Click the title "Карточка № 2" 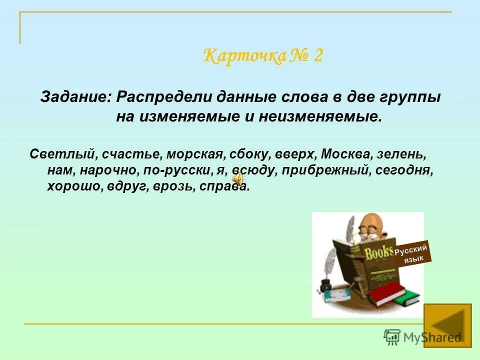point(263,55)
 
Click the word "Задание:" point(76,96)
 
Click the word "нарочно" point(110,170)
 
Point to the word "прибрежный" point(325,170)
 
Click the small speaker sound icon point(239,178)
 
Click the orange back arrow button point(447,325)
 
